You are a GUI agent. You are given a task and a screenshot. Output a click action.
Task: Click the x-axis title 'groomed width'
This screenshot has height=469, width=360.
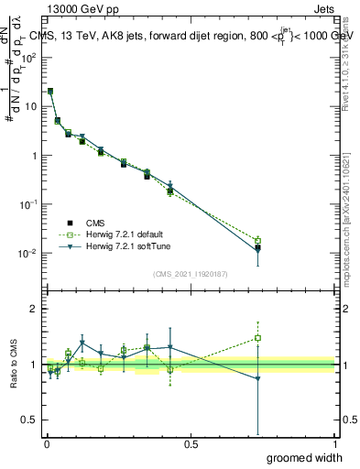305,456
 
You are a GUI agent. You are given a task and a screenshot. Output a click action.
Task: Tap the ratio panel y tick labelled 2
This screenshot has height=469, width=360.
34,310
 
